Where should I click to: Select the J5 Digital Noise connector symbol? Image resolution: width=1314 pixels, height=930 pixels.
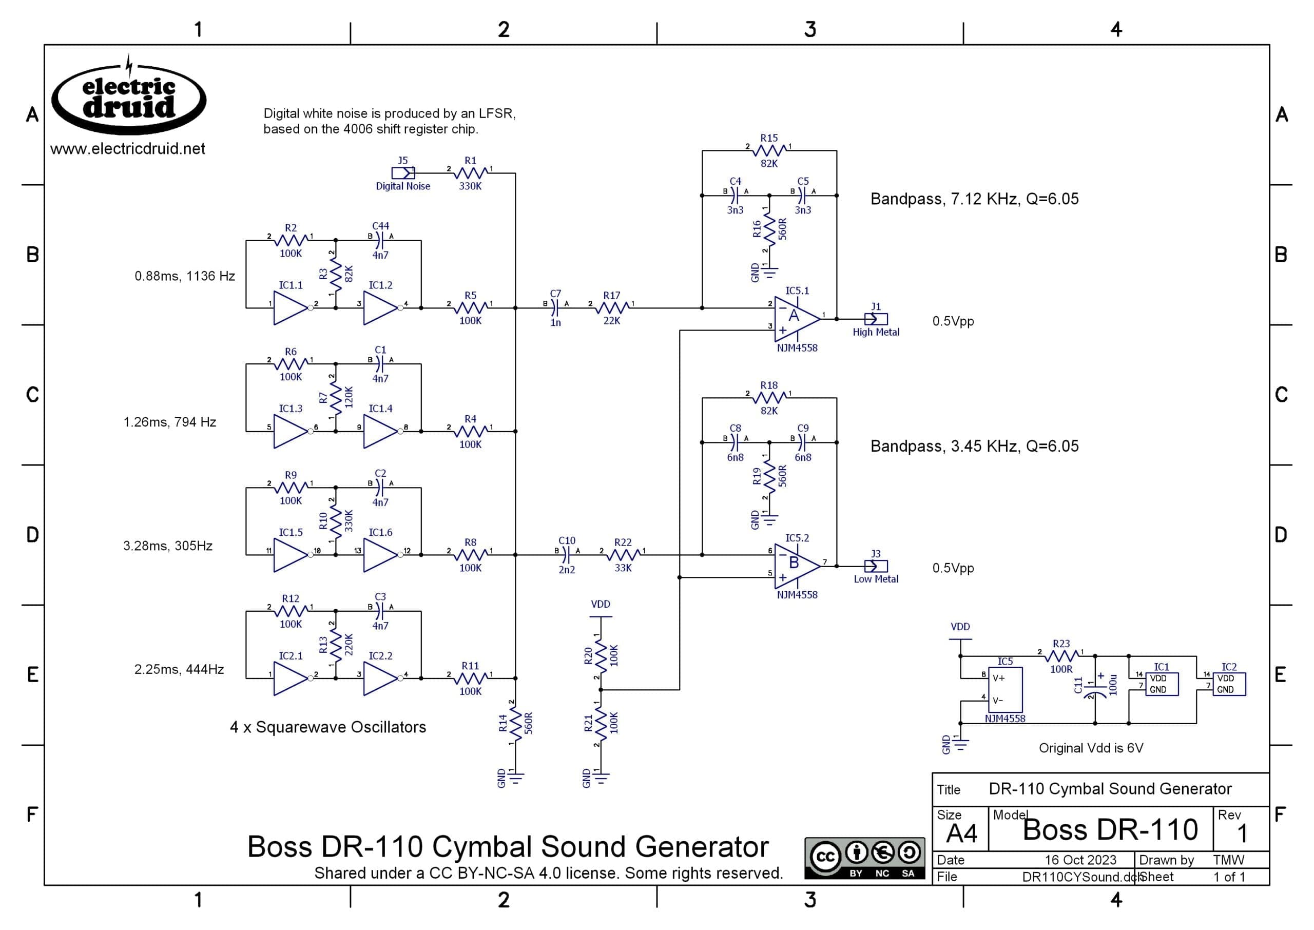click(x=403, y=172)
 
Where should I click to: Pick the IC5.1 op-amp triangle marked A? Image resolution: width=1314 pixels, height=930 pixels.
click(x=797, y=319)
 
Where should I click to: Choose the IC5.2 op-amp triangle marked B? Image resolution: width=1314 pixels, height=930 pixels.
click(x=797, y=566)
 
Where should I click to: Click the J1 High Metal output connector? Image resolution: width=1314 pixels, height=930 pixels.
click(x=876, y=319)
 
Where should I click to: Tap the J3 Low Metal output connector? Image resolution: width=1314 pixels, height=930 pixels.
click(x=876, y=566)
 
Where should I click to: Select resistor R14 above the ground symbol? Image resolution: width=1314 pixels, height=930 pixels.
click(x=515, y=723)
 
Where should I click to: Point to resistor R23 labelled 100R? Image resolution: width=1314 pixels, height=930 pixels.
click(x=1061, y=656)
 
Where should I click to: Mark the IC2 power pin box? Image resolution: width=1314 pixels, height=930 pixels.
click(x=1229, y=684)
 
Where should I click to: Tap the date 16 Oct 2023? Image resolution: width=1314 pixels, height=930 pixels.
click(x=1080, y=860)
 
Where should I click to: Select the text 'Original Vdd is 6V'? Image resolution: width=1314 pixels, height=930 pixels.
click(x=1091, y=748)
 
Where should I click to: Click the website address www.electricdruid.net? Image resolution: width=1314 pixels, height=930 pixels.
click(x=128, y=149)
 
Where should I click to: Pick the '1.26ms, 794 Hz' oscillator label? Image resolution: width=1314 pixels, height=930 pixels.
click(x=170, y=422)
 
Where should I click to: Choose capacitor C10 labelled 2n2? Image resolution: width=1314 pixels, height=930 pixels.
click(x=567, y=554)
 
